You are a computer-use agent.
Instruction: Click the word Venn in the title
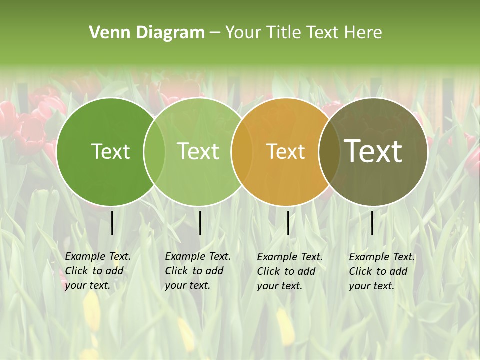point(103,33)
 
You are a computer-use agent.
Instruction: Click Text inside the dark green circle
point(110,151)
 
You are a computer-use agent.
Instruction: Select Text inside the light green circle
point(198,151)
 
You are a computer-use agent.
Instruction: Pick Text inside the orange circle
point(286,151)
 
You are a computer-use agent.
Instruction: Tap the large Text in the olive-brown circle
point(373,151)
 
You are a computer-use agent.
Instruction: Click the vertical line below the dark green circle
point(112,223)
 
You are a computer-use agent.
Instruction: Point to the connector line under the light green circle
point(200,223)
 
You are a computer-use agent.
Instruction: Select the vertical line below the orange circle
point(288,223)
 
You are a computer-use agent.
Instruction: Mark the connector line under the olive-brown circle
point(372,223)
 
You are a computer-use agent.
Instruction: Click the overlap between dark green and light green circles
point(154,151)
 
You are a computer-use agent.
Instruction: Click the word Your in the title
point(242,33)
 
